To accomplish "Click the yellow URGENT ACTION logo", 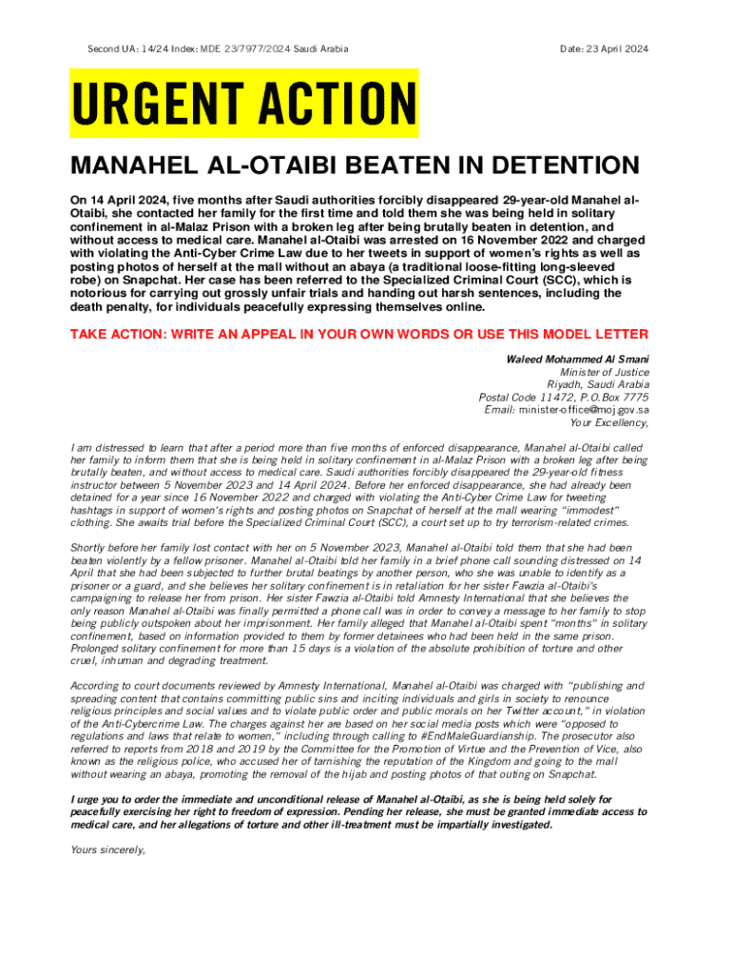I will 244,102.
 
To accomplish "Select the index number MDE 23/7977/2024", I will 247,49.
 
